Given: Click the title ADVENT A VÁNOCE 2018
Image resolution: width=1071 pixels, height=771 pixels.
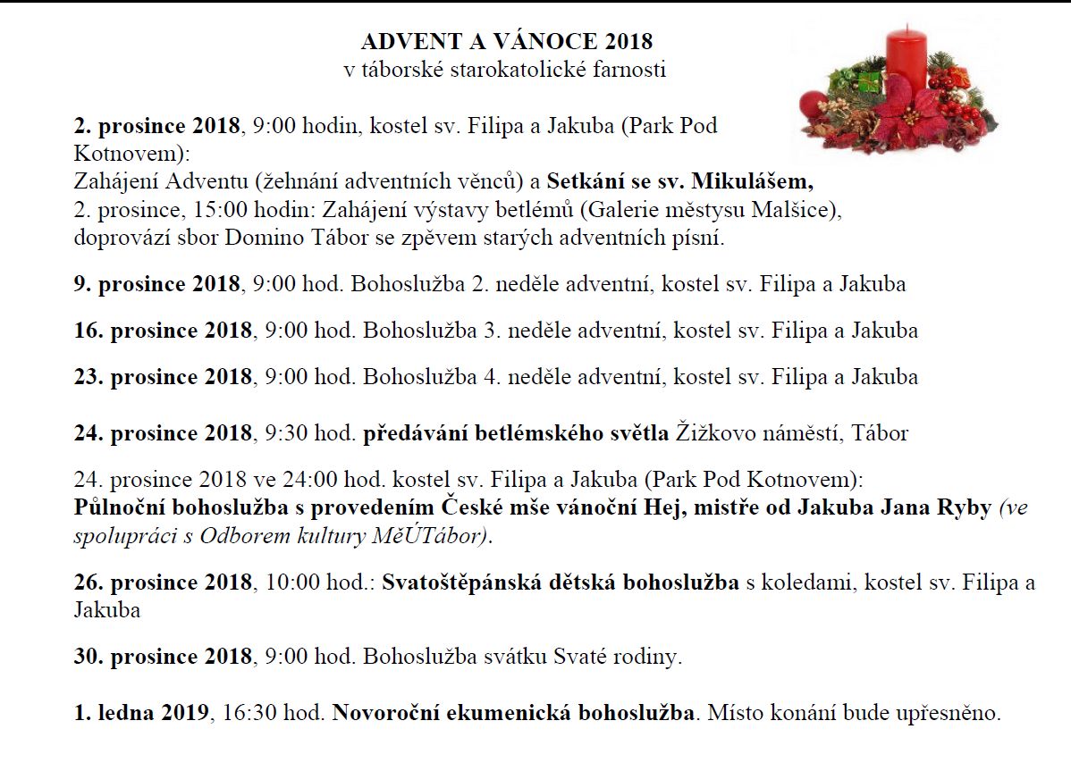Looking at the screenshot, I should (x=507, y=41).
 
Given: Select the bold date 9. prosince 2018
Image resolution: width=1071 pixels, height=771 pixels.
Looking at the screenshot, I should (x=157, y=284).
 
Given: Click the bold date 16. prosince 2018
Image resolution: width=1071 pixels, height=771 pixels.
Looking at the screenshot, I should (x=163, y=330).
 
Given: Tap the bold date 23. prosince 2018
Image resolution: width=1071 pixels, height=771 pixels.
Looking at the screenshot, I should (x=163, y=376).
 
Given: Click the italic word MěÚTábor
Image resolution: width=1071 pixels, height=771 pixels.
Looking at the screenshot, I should (x=441, y=536).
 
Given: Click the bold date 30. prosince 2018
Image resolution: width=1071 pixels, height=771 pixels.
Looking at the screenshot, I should (x=163, y=657).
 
